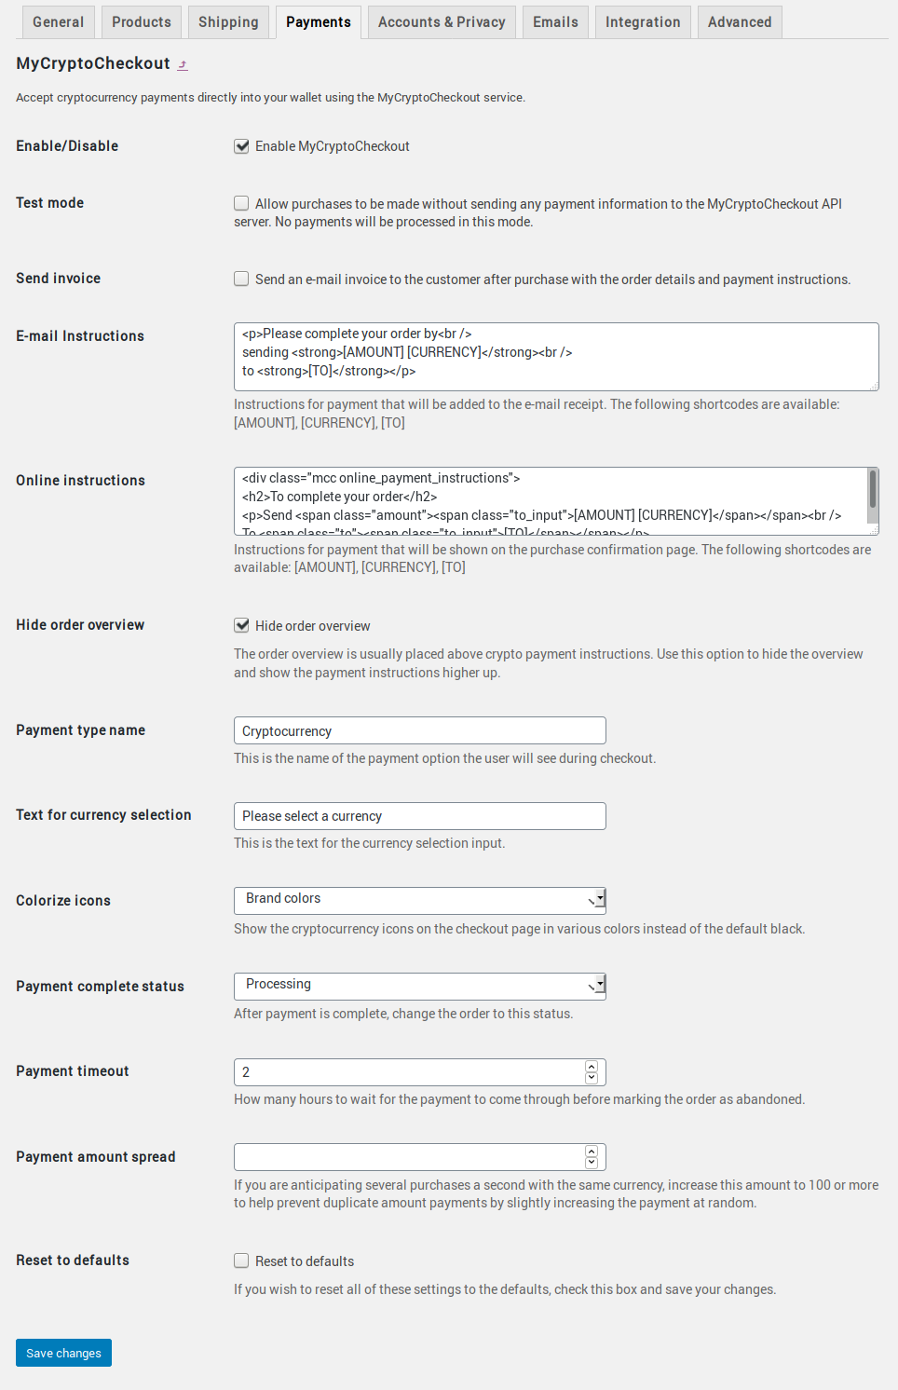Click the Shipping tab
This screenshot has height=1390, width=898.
point(228,22)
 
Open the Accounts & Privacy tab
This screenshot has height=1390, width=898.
point(442,22)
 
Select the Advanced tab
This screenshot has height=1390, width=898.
point(740,22)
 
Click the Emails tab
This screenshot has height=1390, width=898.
point(555,22)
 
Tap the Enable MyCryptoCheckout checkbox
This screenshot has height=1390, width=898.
point(241,146)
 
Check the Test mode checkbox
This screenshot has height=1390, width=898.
point(241,203)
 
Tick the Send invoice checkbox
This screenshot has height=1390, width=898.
point(241,279)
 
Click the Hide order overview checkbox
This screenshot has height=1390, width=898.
point(241,625)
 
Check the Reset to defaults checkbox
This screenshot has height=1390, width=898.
point(241,1261)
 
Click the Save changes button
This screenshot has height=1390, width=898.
point(63,1353)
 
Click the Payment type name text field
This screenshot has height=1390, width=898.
point(419,730)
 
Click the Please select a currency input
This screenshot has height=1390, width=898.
point(419,816)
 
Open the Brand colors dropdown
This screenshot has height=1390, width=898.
point(419,900)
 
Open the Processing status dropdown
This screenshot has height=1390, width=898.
point(419,986)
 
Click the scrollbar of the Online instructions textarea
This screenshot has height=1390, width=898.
point(873,489)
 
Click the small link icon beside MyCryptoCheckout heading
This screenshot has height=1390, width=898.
point(183,65)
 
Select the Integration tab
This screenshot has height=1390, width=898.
point(643,22)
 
